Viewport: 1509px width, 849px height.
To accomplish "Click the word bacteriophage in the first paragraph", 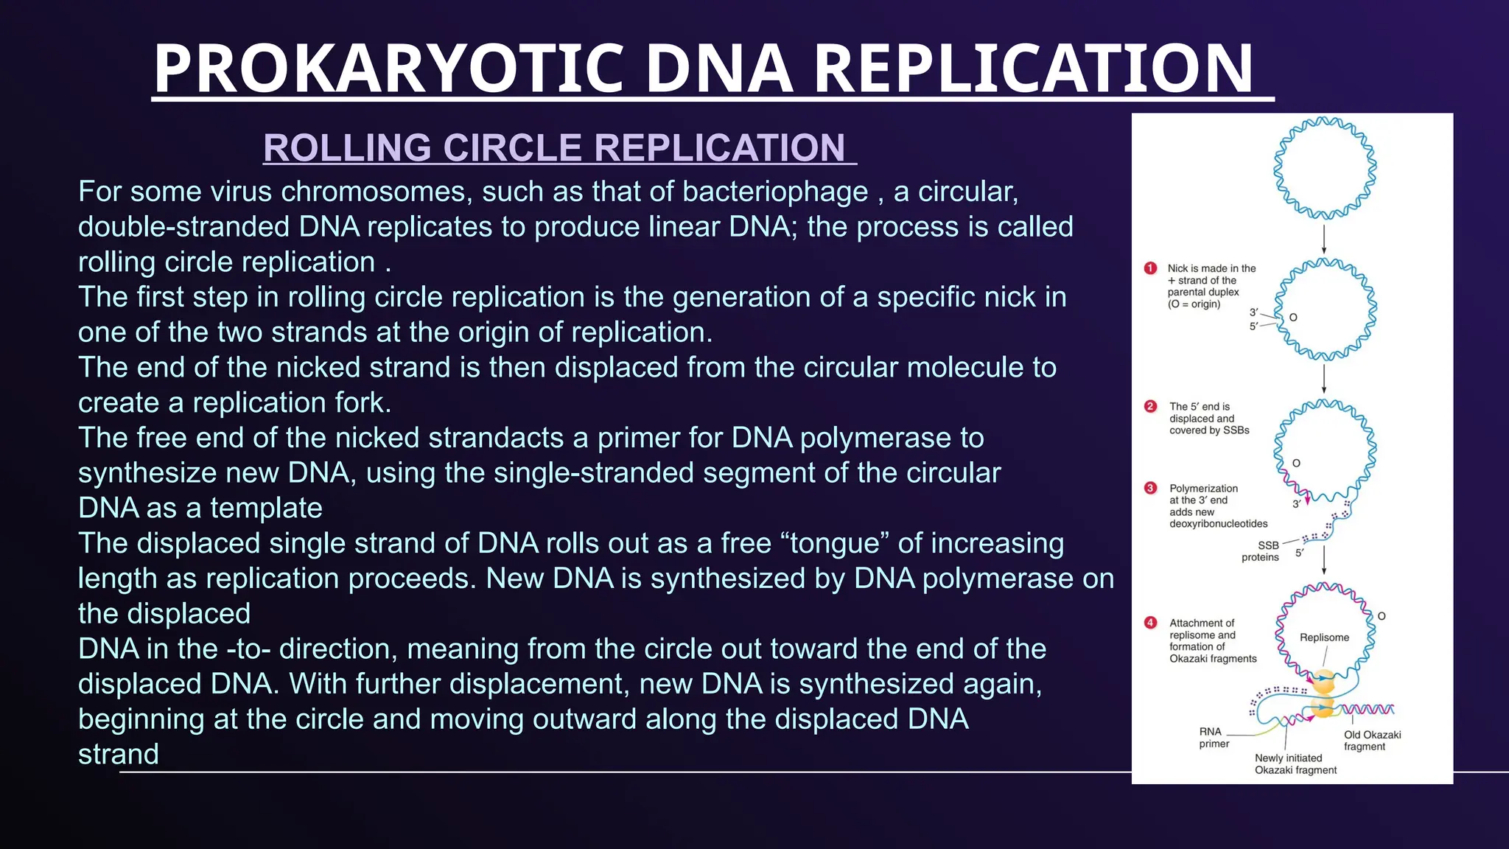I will [x=775, y=192].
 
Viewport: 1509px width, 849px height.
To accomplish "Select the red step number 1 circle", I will [x=1150, y=268].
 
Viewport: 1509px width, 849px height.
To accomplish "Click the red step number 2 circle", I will [x=1150, y=406].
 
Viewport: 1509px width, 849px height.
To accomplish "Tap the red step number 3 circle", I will [x=1150, y=488].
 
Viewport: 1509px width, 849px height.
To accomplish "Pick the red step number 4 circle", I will [x=1150, y=623].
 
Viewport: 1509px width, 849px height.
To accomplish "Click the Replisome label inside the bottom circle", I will [x=1324, y=637].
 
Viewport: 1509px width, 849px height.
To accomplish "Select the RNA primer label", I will [x=1213, y=738].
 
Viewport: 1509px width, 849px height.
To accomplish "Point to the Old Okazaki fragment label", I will [x=1372, y=741].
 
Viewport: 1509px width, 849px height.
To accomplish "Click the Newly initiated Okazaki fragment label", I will [x=1295, y=764].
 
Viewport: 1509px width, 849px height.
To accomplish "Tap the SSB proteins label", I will [x=1261, y=551].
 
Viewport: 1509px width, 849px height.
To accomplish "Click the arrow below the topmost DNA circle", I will [x=1324, y=239].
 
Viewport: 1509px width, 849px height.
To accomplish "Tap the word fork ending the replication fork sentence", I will [x=365, y=403].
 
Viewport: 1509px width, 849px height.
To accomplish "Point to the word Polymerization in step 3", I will [x=1203, y=489].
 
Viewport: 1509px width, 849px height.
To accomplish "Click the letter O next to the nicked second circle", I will [x=1293, y=318].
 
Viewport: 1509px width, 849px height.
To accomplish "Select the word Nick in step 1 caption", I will [x=1177, y=268].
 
